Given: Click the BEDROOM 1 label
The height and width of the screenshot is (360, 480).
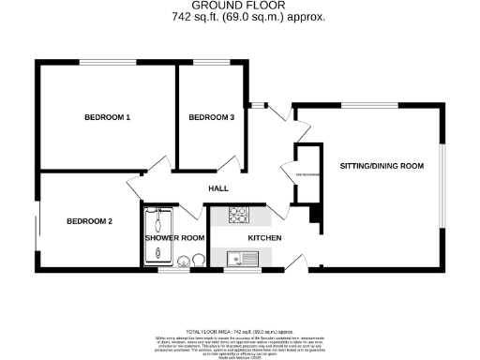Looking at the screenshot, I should click(x=107, y=117).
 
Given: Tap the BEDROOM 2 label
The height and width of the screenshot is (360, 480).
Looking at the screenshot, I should click(x=89, y=221).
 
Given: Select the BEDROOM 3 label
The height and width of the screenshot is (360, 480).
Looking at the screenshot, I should click(x=211, y=117).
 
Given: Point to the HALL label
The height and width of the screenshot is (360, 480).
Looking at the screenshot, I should click(x=218, y=188).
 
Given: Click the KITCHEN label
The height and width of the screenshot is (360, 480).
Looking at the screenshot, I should click(x=265, y=237).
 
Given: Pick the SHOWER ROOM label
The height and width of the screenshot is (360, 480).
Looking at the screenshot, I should click(x=174, y=238).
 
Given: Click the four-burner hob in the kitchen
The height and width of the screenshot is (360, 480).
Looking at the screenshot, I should click(x=239, y=215).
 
